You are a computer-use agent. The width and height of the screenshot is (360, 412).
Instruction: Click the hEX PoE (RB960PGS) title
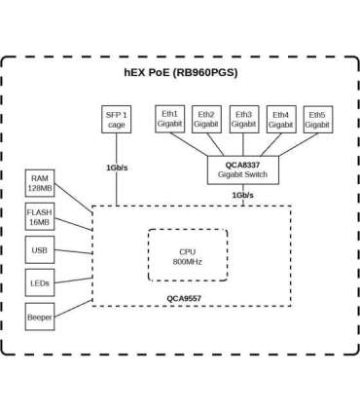[x=179, y=72]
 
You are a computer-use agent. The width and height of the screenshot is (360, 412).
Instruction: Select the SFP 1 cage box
[x=116, y=119]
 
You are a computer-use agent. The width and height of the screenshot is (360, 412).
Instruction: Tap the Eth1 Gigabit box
[x=169, y=119]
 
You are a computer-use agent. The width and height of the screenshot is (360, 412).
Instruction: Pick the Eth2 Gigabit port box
[x=206, y=119]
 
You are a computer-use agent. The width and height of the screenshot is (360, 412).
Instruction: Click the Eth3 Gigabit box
[x=243, y=119]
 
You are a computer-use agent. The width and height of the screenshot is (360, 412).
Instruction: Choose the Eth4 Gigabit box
[x=280, y=120]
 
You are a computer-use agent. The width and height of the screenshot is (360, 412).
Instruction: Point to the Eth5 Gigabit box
[x=317, y=120]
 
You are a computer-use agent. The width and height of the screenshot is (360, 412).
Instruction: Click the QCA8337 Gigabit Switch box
[x=243, y=169]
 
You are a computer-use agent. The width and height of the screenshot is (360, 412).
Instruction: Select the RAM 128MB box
[x=40, y=183]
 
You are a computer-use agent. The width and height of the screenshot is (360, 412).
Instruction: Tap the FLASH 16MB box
[x=40, y=216]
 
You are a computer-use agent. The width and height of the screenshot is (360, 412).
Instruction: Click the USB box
[x=40, y=250]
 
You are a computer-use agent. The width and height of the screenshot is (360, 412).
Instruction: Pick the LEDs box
[x=40, y=283]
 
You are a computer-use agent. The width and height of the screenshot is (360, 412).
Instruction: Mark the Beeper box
[x=40, y=317]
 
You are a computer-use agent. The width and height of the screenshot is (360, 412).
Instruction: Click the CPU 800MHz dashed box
[x=187, y=256]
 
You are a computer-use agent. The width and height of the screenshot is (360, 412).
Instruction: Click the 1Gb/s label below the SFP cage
[x=117, y=168]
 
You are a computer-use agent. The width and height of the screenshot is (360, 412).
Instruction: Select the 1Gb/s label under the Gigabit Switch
[x=243, y=195]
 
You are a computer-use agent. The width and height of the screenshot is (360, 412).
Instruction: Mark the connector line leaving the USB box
[x=73, y=250]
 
